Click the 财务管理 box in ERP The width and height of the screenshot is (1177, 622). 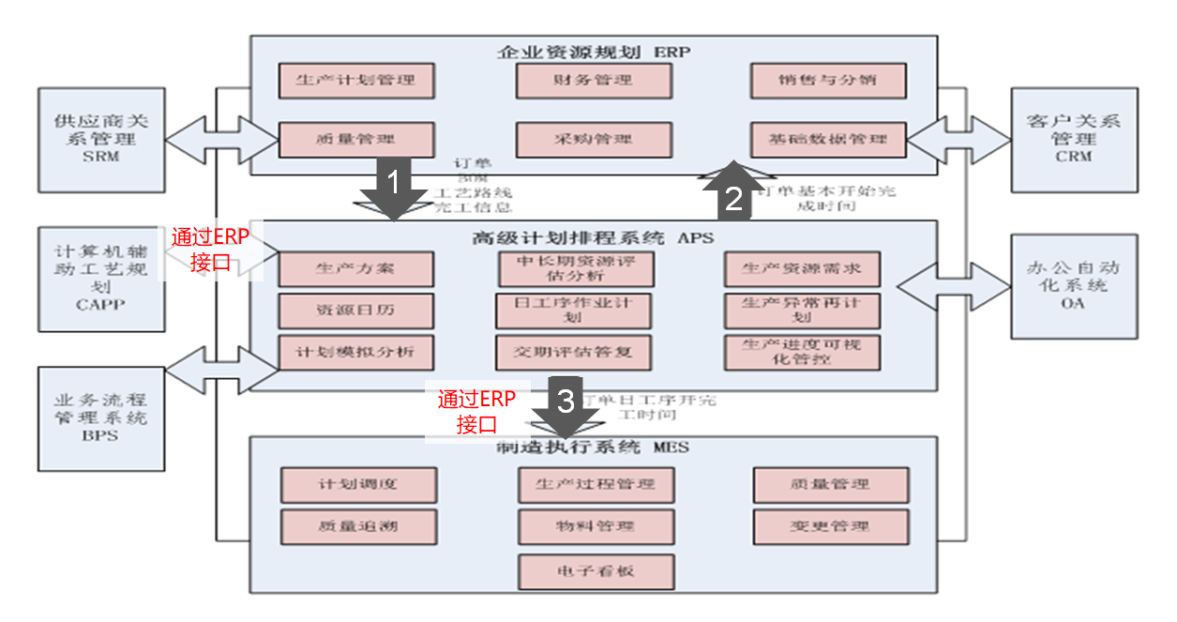tap(594, 81)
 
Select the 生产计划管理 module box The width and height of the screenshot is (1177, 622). tap(356, 81)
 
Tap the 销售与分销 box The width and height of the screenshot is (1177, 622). tap(828, 81)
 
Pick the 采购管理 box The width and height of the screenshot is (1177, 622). tap(594, 140)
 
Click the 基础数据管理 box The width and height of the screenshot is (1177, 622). tap(828, 140)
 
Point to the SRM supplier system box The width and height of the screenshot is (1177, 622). tap(101, 139)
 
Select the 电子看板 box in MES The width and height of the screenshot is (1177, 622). tap(596, 569)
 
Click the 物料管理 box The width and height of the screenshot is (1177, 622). tap(596, 526)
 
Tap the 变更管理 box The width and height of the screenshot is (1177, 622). tap(830, 526)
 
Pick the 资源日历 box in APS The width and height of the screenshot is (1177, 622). tap(356, 311)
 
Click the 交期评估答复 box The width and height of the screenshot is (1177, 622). tap(572, 352)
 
